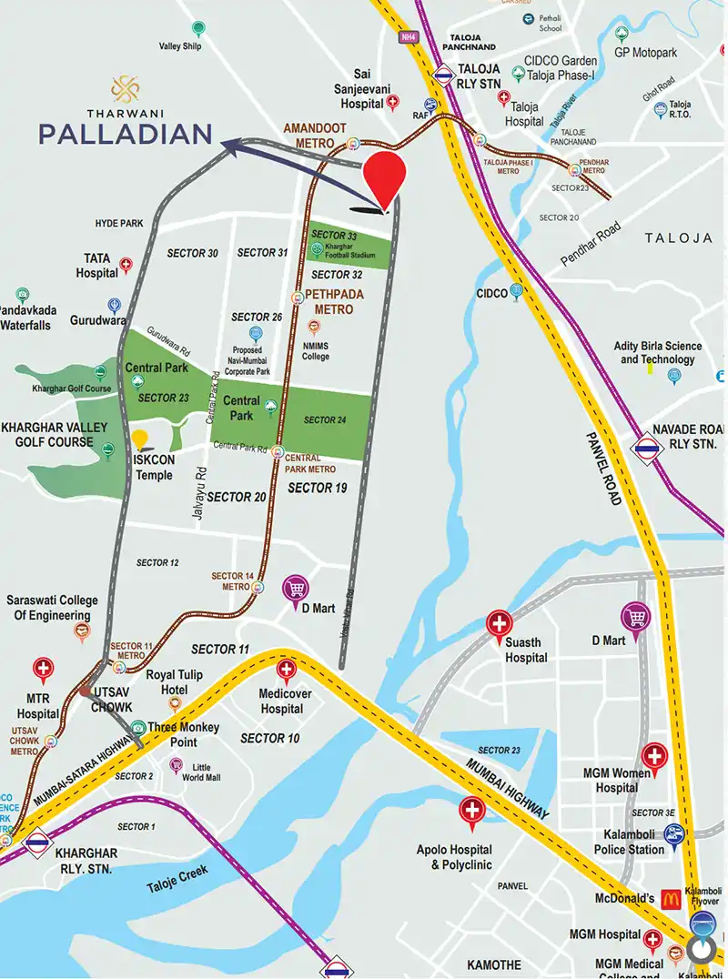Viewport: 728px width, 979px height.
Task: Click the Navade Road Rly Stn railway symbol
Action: point(648,446)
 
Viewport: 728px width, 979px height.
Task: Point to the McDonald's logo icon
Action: point(672,899)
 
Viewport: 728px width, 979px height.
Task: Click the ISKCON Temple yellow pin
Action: point(139,440)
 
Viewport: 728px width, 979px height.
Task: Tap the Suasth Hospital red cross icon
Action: point(499,624)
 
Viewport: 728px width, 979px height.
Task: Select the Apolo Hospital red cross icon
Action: point(472,810)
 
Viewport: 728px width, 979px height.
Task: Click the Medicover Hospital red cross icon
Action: point(286,672)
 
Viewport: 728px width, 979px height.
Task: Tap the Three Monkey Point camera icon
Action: point(136,728)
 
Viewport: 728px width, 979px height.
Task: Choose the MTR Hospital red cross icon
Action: point(43,671)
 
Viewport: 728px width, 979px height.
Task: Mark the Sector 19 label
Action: point(318,488)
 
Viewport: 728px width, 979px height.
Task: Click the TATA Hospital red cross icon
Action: point(126,266)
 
